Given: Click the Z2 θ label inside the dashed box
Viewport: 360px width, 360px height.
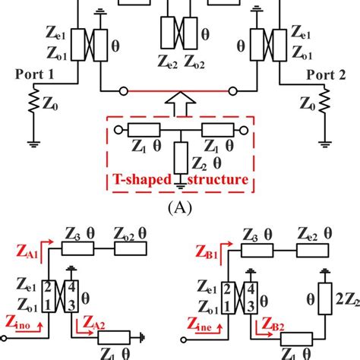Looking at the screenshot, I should pyautogui.click(x=207, y=162).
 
